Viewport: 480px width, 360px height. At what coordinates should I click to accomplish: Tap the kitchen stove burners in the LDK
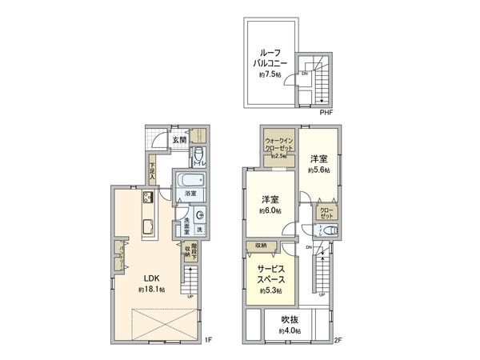[x=149, y=198]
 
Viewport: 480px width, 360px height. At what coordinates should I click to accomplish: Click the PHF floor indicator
[x=326, y=113]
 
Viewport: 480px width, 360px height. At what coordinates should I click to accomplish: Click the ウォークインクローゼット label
[x=281, y=145]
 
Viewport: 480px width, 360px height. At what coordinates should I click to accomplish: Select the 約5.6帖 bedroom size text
[x=320, y=170]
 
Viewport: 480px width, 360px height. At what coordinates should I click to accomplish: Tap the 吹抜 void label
[x=290, y=322]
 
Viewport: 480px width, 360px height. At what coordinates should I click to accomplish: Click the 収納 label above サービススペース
[x=262, y=245]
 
